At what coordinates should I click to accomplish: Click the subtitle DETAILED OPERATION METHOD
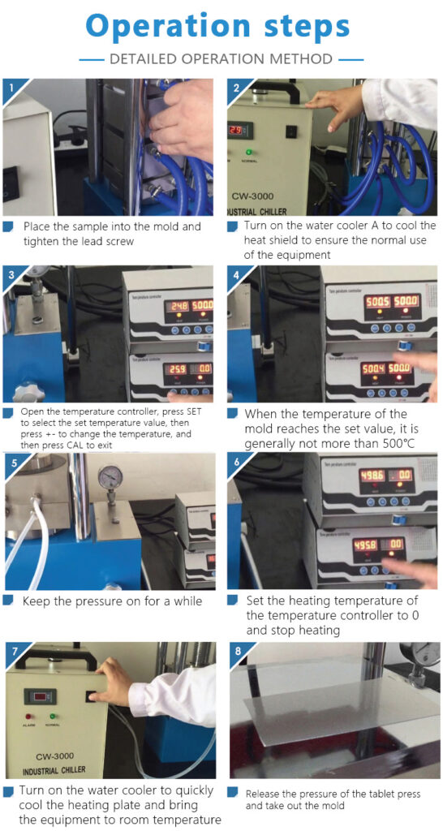(x=221, y=59)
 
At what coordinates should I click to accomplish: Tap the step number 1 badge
(x=11, y=87)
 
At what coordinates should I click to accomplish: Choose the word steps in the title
(x=309, y=26)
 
